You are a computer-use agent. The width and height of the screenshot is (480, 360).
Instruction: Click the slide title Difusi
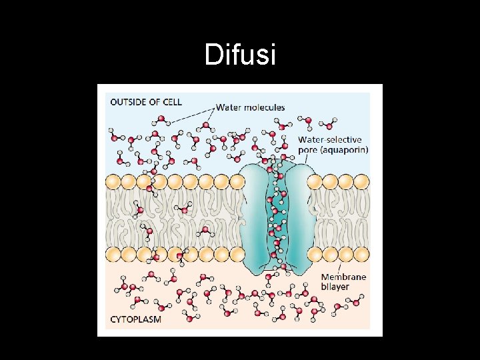click(240, 55)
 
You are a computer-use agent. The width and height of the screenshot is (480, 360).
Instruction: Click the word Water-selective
click(329, 140)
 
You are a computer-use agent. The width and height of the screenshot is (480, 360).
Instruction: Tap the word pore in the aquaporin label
click(308, 150)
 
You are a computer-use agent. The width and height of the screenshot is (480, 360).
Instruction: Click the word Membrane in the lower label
click(344, 277)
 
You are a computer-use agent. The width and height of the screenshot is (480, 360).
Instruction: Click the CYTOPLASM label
click(135, 319)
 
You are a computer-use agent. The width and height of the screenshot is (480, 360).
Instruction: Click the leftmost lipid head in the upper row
click(112, 181)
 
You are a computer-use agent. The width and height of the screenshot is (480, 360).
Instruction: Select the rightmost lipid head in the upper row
click(361, 181)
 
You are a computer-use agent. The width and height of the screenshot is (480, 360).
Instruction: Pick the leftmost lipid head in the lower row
click(112, 253)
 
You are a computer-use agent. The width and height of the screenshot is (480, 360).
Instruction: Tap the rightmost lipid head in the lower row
click(361, 253)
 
